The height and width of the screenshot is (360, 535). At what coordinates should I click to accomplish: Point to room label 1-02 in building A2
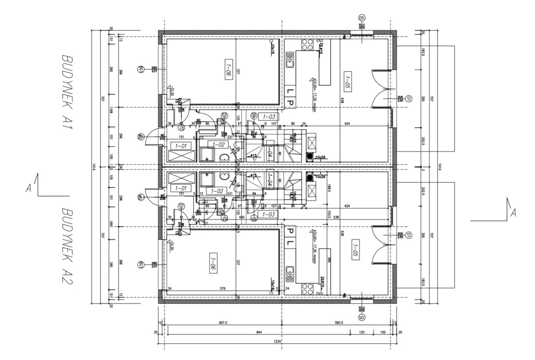click(216, 191)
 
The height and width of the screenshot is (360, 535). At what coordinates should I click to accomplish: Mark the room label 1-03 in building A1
click(270, 117)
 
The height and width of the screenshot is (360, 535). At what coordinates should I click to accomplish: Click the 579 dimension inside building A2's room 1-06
click(222, 289)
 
